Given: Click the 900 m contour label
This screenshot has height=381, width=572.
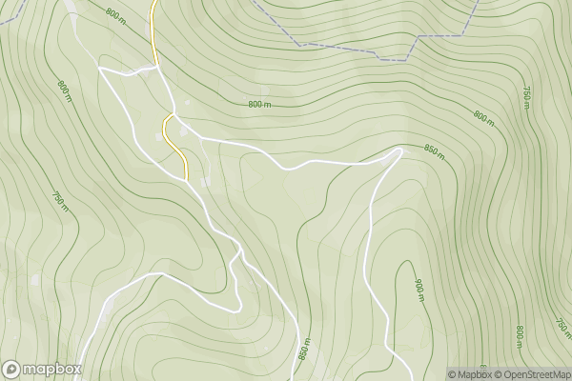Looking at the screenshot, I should (x=419, y=289).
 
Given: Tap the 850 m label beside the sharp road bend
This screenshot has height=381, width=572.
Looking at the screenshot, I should (x=434, y=152).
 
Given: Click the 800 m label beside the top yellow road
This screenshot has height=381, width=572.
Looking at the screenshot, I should (x=116, y=15).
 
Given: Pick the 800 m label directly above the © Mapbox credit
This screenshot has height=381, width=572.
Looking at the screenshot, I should (x=521, y=336).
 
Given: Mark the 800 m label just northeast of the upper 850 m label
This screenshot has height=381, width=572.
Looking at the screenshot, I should (x=484, y=118).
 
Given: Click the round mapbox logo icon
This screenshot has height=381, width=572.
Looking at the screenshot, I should (x=11, y=369).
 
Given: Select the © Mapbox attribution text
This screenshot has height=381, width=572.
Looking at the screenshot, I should (x=473, y=373).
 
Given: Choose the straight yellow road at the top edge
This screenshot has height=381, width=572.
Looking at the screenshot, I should (x=153, y=24).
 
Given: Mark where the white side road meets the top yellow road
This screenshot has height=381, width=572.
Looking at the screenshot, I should (x=157, y=67).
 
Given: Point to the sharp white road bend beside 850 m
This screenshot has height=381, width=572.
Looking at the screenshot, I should (x=401, y=150).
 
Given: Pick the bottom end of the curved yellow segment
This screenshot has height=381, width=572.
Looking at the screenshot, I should (x=187, y=176).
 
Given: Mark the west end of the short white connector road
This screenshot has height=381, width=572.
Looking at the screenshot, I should (x=99, y=69).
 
